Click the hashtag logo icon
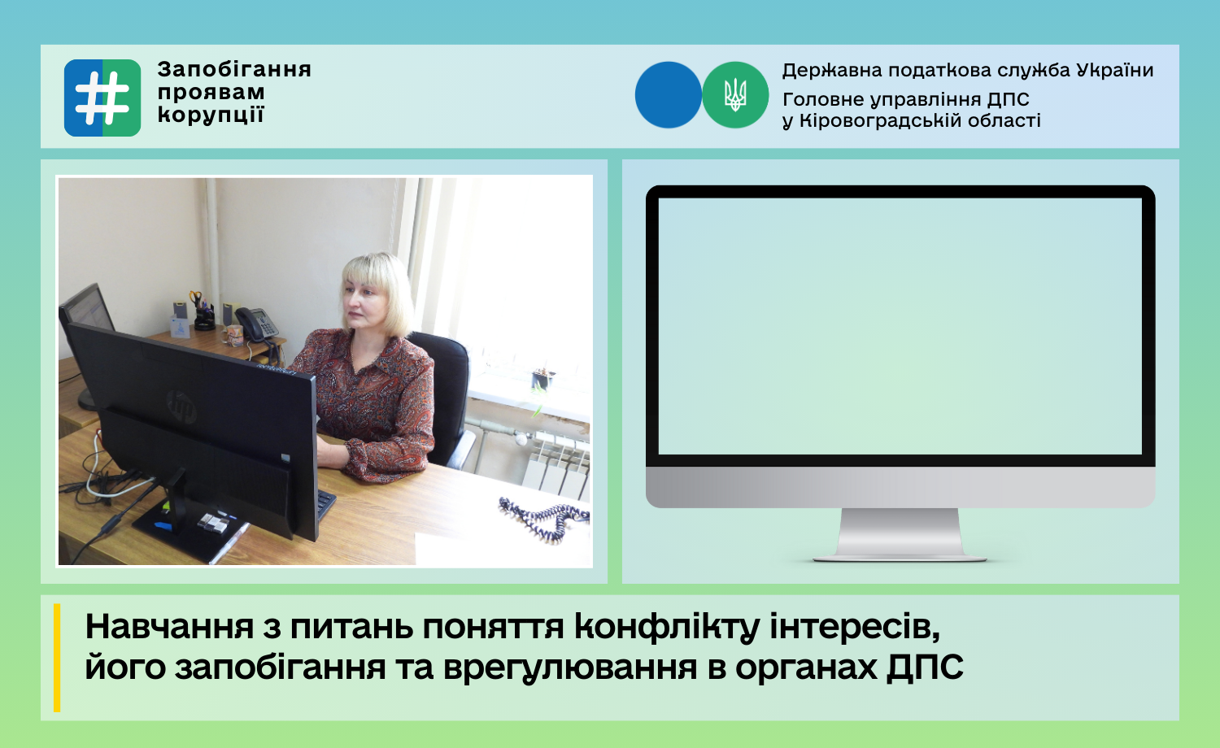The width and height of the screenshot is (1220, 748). pyautogui.click(x=102, y=98)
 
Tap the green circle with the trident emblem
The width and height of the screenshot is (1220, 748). pyautogui.click(x=734, y=95)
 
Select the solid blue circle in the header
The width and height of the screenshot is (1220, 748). pyautogui.click(x=669, y=95)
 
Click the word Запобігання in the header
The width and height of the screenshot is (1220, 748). pyautogui.click(x=234, y=70)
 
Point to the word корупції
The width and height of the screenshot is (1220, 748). pyautogui.click(x=211, y=115)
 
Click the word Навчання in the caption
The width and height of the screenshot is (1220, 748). pyautogui.click(x=169, y=626)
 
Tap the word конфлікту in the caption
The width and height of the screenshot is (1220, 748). pyautogui.click(x=667, y=627)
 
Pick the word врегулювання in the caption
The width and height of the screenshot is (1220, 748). pyautogui.click(x=570, y=668)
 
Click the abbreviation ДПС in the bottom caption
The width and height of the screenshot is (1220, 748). pyautogui.click(x=925, y=668)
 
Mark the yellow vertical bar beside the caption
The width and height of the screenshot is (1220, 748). pyautogui.click(x=57, y=658)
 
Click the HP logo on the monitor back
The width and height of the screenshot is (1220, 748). pyautogui.click(x=181, y=407)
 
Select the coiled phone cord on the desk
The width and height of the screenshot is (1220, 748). pyautogui.click(x=543, y=518)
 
